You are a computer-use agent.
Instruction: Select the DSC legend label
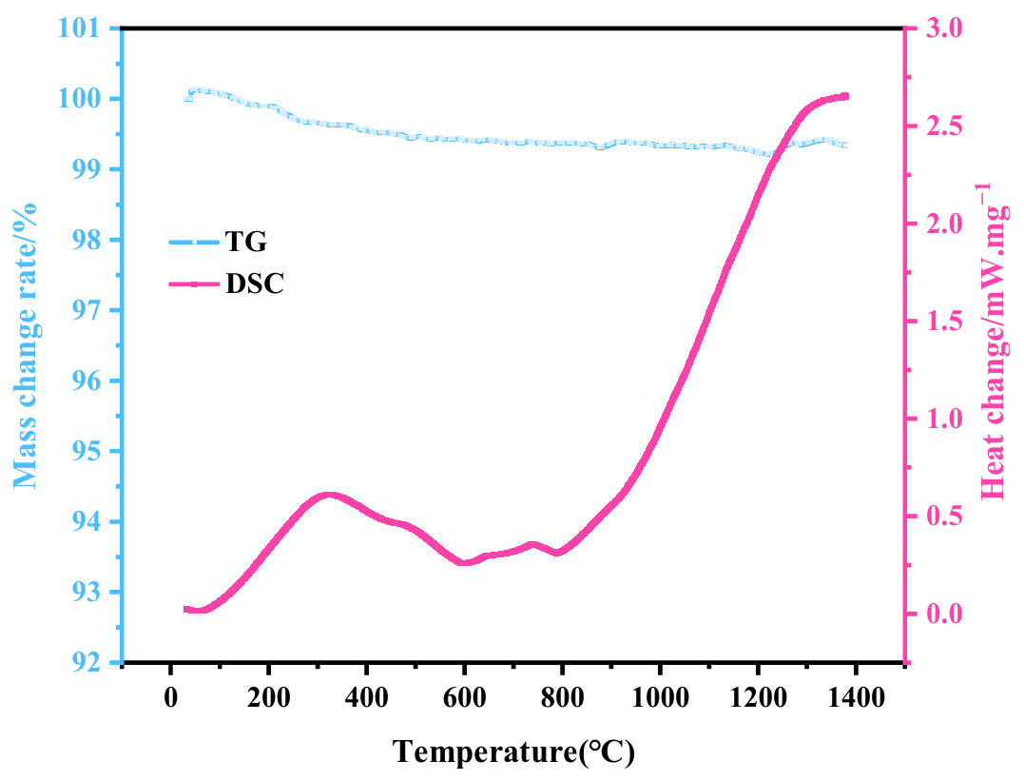[254, 283]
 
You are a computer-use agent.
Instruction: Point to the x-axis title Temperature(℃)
[513, 751]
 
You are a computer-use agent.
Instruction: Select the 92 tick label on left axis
[89, 662]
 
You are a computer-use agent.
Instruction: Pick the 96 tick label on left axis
[89, 380]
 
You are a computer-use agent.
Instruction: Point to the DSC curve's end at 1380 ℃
[845, 96]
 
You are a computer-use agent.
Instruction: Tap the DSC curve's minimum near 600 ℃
[465, 563]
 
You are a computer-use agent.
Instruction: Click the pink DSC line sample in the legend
[192, 283]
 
